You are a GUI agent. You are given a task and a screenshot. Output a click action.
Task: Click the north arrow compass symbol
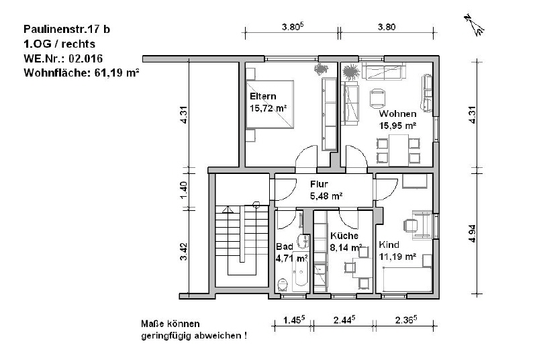[x=475, y=25]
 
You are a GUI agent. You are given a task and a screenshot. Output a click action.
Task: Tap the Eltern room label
[x=263, y=96]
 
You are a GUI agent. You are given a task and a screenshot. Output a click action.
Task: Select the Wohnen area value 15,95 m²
[x=397, y=126]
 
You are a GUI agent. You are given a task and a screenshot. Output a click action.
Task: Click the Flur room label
[x=320, y=184]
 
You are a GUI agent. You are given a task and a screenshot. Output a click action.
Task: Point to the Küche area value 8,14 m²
[x=346, y=247]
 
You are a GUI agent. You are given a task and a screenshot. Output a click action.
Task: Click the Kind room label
[x=389, y=244]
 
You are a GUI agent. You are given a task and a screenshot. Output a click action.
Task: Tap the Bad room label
[x=285, y=246]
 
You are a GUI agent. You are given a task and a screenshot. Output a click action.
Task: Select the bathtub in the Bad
[x=301, y=272]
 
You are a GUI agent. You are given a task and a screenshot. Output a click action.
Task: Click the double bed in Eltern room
[x=270, y=105]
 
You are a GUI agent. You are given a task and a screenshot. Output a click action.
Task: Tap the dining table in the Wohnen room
[x=398, y=150]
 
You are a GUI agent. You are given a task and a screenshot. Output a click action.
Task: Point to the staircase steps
[x=242, y=240]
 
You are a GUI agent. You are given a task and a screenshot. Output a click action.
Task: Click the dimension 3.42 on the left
[x=184, y=252]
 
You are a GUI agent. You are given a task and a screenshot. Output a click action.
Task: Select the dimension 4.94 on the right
[x=473, y=234]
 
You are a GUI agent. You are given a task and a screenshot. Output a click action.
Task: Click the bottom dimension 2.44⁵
[x=344, y=320]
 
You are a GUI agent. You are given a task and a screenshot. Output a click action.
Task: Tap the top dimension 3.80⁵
[x=293, y=27]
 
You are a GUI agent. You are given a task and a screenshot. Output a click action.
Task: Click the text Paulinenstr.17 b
[x=66, y=30]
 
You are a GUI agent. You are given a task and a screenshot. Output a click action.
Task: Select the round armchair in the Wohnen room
[x=377, y=98]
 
